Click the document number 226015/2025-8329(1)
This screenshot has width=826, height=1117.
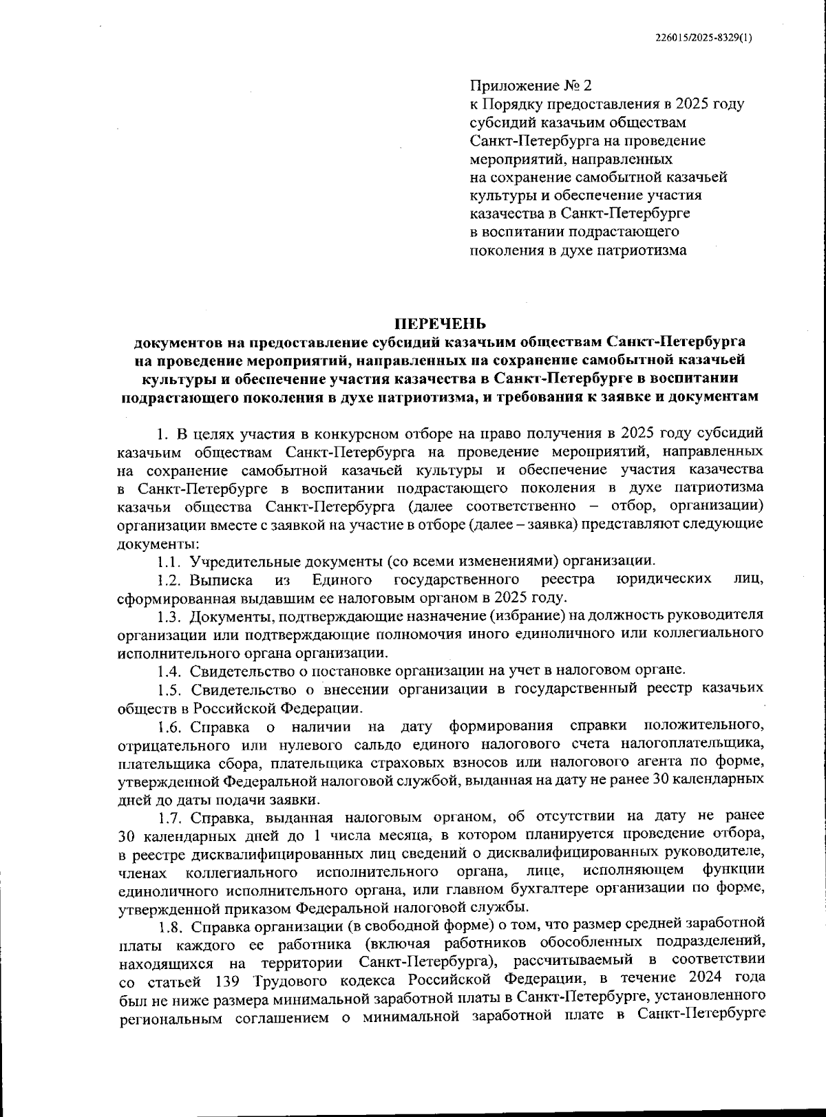[x=703, y=39]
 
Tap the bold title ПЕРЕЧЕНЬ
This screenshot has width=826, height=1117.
[x=440, y=323]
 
